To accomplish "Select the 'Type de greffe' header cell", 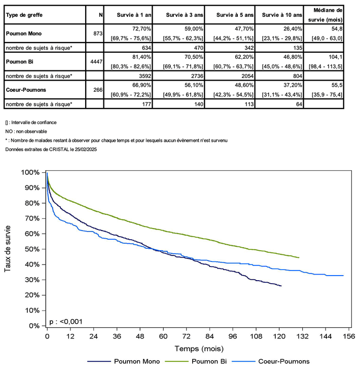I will coord(24,15).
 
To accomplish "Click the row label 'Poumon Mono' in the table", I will coord(24,33).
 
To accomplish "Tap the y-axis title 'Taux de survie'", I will coord(8,249).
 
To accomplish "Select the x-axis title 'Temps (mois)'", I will coord(199,349).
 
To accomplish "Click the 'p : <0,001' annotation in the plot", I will coord(66,321).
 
